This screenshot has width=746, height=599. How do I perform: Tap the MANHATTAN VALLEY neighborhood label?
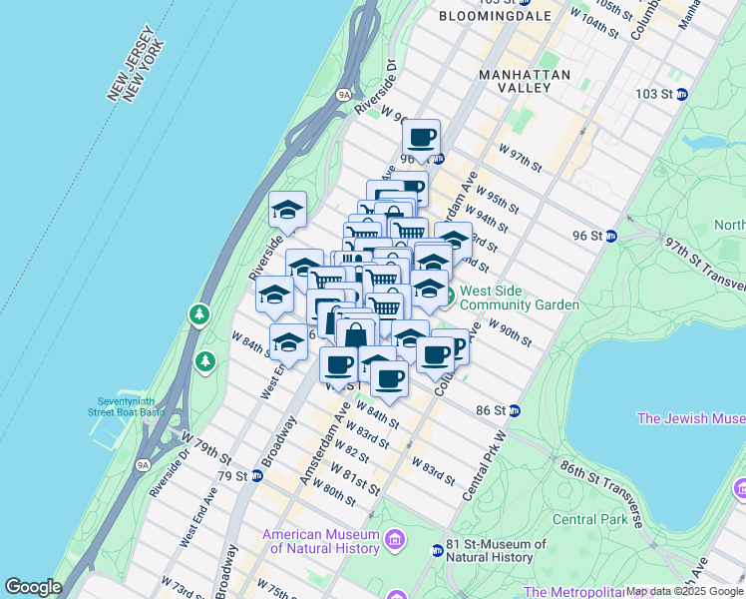point(525,81)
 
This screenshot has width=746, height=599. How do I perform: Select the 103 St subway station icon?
point(682,94)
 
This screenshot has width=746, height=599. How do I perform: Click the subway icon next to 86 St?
point(515,410)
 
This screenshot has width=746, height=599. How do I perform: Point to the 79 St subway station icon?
point(256,476)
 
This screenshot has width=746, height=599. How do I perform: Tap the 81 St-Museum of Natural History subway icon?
point(437,550)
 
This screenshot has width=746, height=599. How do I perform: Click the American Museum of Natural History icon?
point(397,541)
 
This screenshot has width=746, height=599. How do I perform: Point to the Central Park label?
point(590,519)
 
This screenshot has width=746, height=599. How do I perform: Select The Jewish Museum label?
point(690,418)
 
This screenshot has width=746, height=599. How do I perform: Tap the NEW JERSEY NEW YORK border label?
point(135,62)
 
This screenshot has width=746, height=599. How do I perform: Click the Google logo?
point(33,587)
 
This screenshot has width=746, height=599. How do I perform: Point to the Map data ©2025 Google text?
point(683,591)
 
